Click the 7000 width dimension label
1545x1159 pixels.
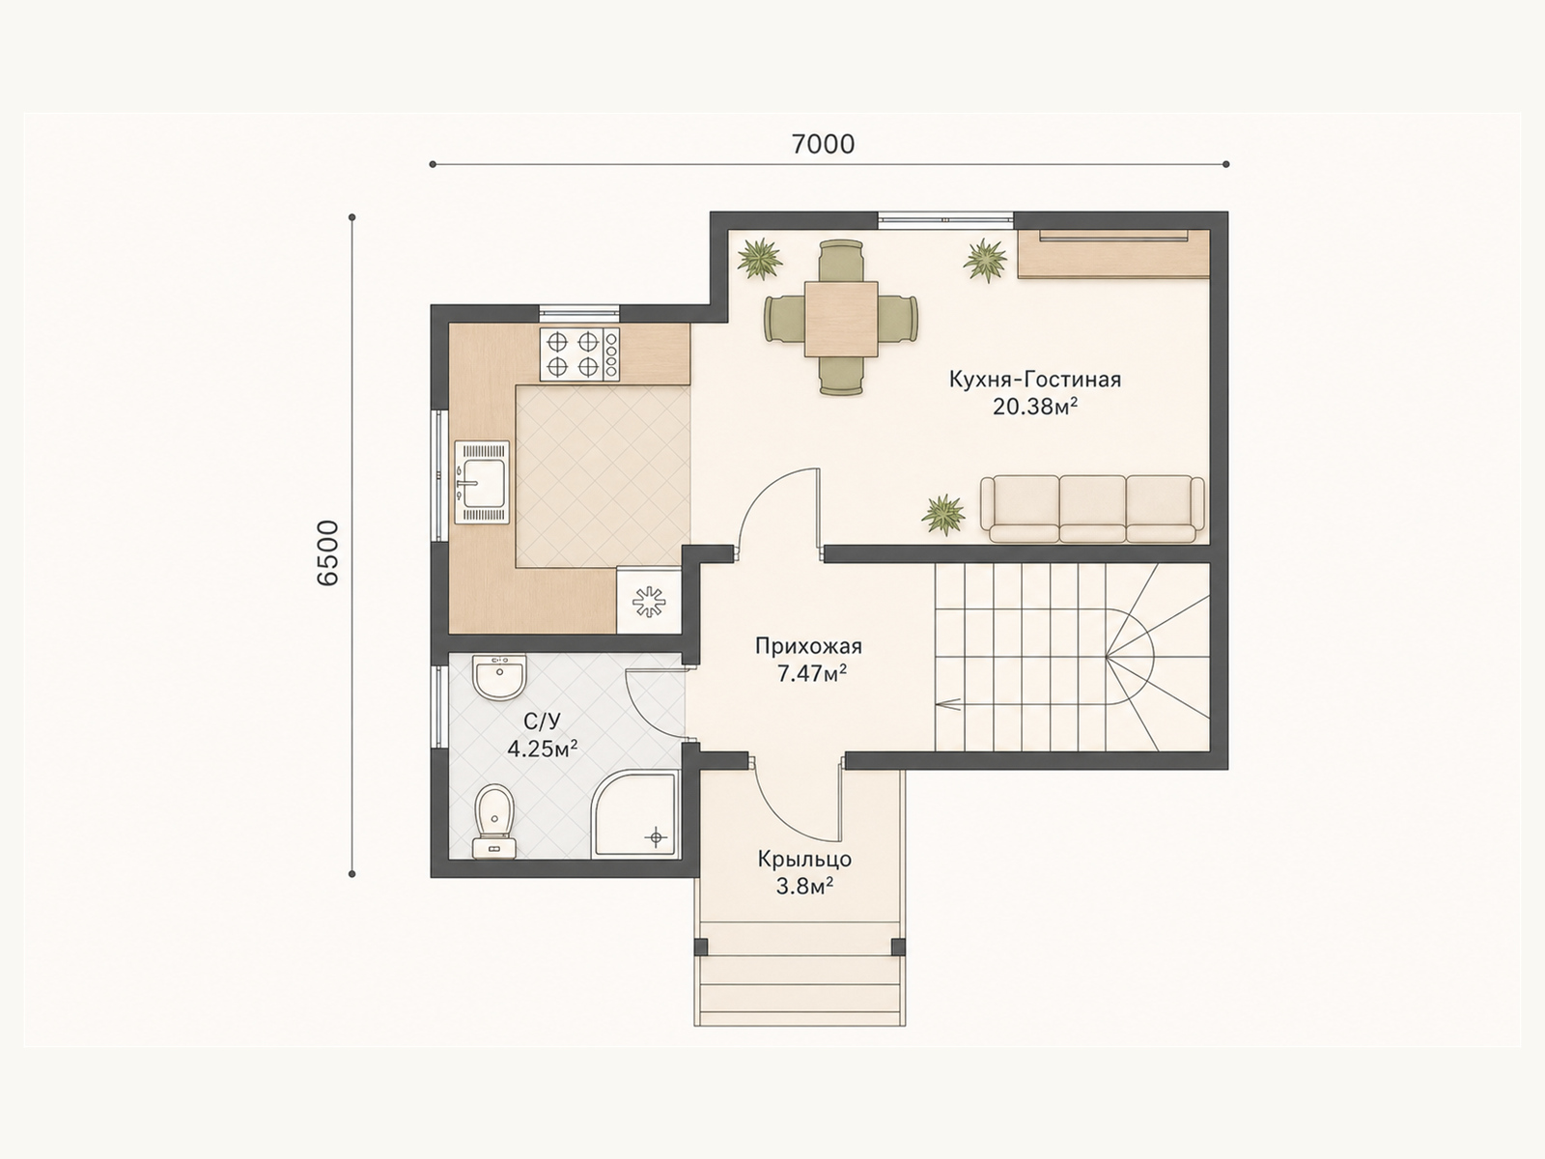[x=823, y=144]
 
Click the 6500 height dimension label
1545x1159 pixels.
[x=328, y=553]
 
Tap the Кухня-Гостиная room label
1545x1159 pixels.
[x=1035, y=380]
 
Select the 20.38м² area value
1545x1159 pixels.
[x=1035, y=406]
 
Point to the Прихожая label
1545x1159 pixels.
[x=808, y=646]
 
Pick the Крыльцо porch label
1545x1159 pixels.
[x=804, y=860]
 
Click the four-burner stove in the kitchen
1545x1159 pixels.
[x=580, y=354]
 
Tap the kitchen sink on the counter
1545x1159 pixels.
[x=482, y=482]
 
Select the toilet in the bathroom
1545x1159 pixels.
[x=493, y=822]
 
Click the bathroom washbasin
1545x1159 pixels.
[x=499, y=677]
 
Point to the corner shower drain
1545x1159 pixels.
[x=657, y=837]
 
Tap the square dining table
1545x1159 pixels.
[x=841, y=320]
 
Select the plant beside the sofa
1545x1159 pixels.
[x=943, y=515]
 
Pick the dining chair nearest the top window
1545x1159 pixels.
[x=841, y=261]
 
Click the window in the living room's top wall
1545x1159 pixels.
[x=945, y=220]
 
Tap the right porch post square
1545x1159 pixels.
[x=898, y=947]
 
